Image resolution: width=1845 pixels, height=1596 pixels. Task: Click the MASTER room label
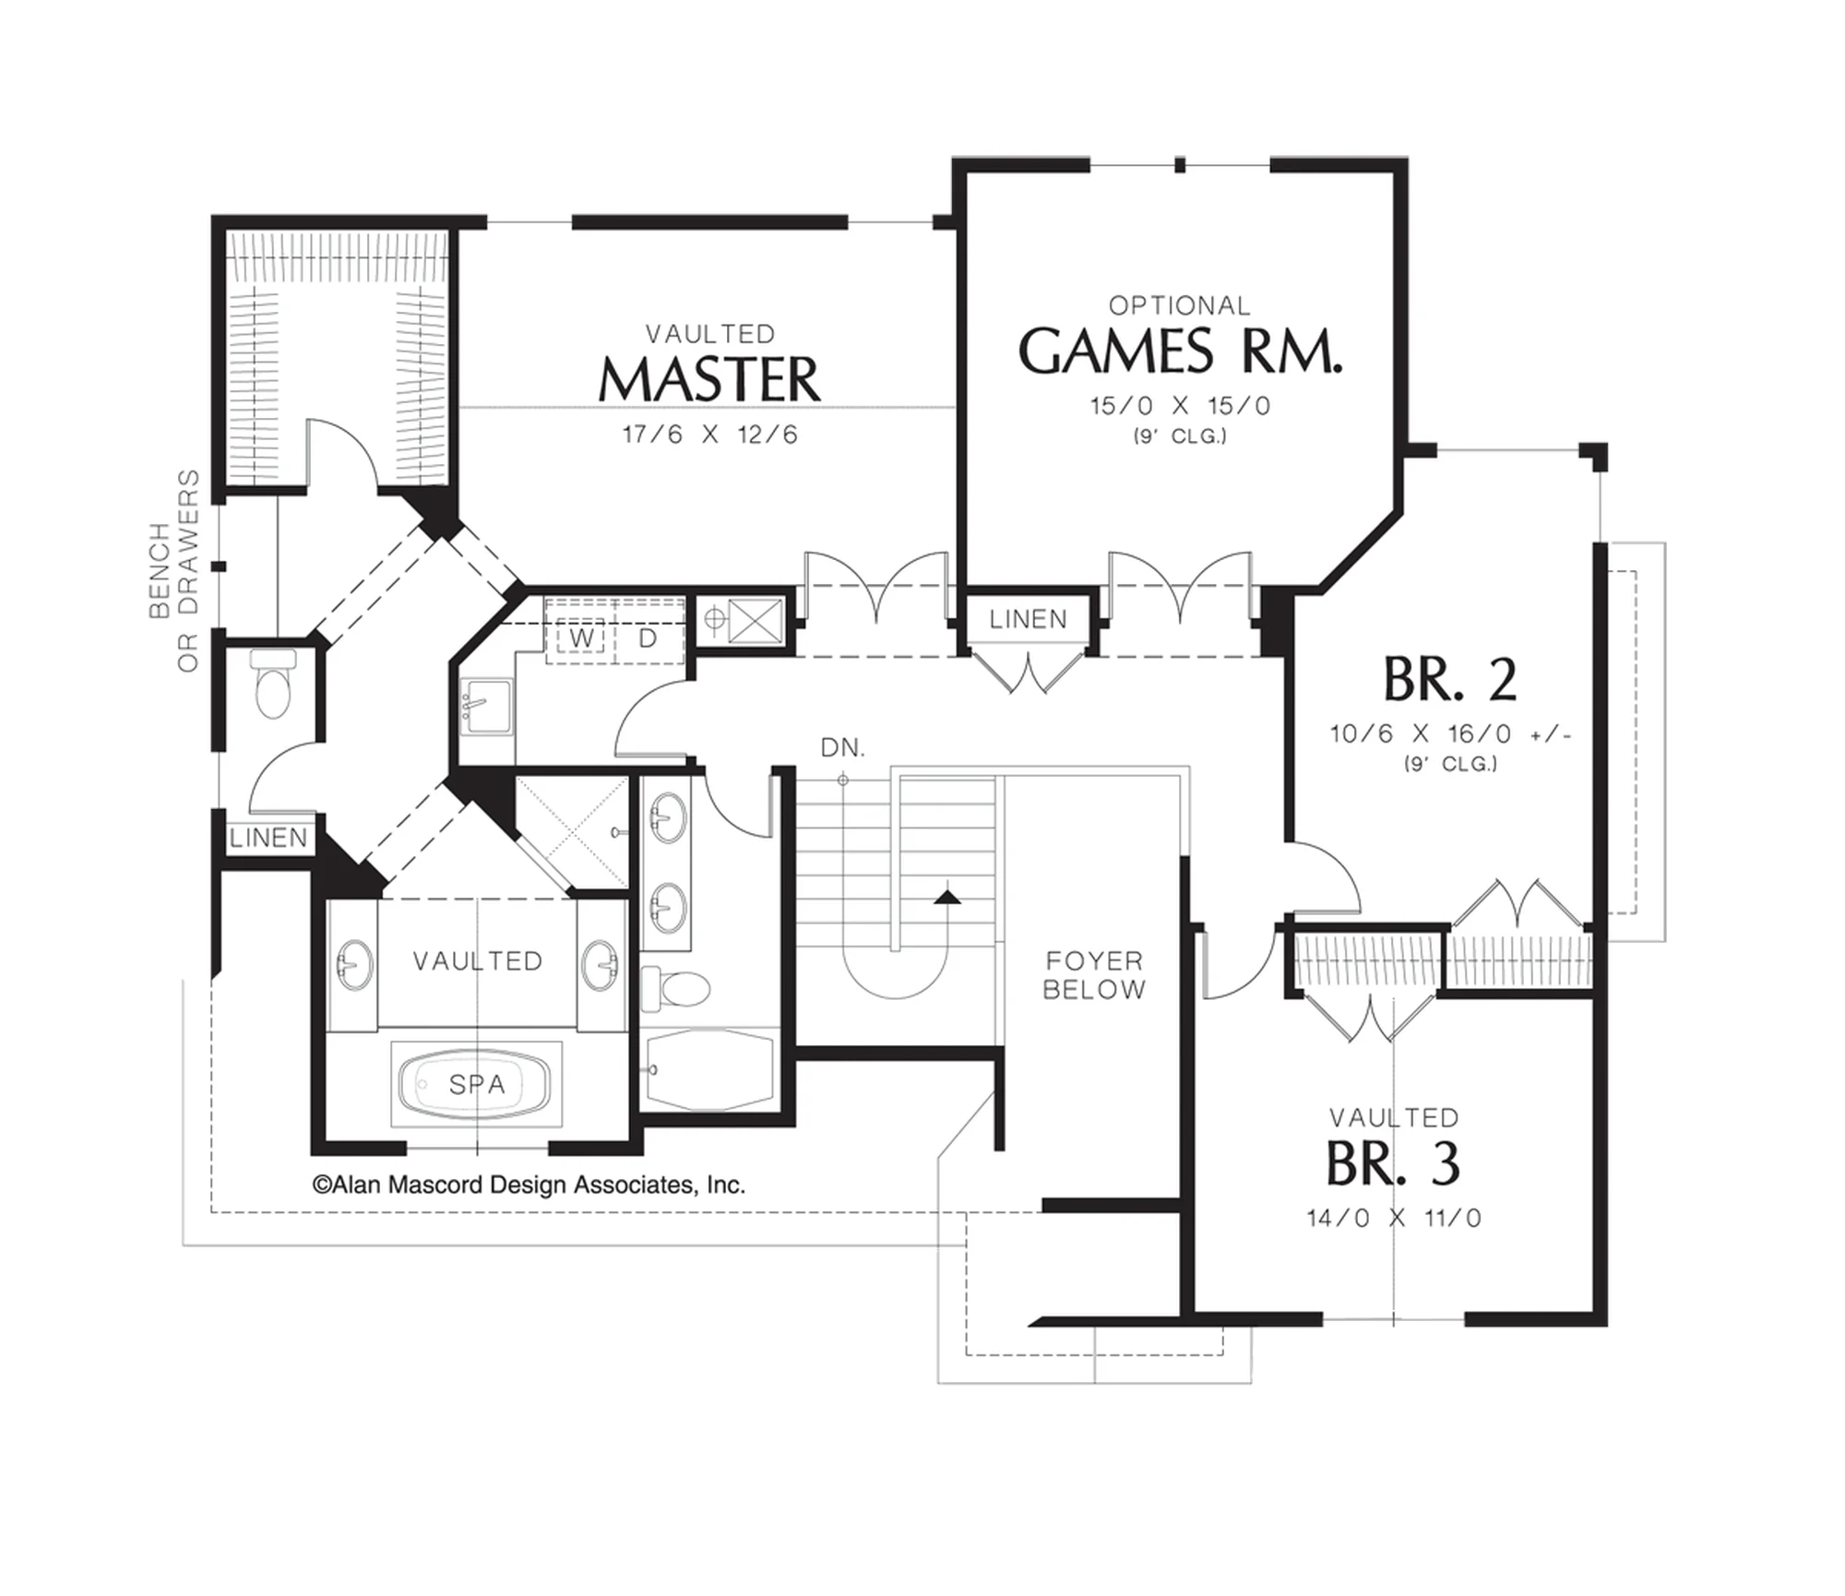(709, 379)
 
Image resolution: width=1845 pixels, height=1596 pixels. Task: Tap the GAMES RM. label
(1180, 351)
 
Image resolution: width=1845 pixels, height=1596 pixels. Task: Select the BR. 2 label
(1450, 679)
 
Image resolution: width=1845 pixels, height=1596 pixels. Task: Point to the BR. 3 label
(1394, 1164)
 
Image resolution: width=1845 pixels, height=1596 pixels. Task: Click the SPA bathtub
(476, 1084)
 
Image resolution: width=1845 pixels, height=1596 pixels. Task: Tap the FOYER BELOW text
(1094, 975)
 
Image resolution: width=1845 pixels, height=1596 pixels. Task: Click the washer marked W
(581, 637)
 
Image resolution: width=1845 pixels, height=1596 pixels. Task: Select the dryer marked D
(648, 637)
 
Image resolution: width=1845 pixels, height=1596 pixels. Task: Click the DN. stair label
(843, 747)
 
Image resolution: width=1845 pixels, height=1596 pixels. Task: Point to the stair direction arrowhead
(947, 895)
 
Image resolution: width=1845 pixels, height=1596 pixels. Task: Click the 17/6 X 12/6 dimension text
(709, 435)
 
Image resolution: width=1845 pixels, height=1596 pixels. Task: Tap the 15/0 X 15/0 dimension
(1180, 406)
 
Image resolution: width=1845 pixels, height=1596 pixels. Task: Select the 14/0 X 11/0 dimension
(1394, 1218)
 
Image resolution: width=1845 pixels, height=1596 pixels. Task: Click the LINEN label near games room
(1028, 619)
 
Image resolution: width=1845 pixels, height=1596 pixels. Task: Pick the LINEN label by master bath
(268, 838)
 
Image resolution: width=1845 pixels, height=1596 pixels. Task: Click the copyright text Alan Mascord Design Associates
(529, 1185)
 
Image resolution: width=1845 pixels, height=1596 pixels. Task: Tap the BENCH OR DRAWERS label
(174, 571)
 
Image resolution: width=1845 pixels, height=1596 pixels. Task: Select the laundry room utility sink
(485, 707)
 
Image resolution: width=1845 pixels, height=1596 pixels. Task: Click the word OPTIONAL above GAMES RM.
(1180, 305)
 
